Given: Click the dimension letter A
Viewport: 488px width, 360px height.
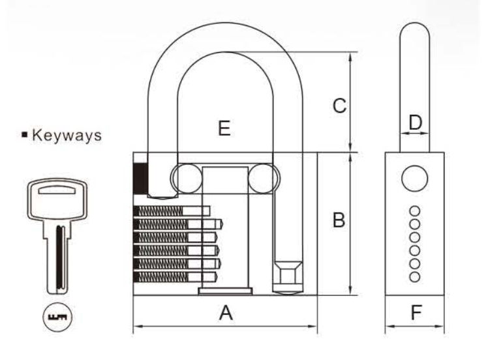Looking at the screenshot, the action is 226,312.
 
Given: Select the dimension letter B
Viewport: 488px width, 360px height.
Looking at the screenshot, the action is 339,220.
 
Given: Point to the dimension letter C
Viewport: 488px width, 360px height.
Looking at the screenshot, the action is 339,106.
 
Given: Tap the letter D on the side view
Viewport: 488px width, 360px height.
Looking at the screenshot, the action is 415,122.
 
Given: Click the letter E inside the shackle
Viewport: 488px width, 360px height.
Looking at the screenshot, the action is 224,128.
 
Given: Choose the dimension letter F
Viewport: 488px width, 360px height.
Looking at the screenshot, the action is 416,312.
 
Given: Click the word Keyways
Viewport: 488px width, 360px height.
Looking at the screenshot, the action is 67,136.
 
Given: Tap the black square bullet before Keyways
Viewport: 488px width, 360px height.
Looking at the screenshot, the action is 25,135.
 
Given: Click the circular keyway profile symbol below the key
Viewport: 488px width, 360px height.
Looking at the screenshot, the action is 57,317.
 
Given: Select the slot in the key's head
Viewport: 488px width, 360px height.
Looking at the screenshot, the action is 57,190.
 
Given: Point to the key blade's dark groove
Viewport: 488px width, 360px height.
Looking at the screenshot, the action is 60,258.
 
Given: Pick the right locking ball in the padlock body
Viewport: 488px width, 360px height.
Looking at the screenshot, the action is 263,179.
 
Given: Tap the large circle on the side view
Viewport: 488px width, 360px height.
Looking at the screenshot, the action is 414,178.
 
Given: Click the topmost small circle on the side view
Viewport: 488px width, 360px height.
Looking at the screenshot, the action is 414,211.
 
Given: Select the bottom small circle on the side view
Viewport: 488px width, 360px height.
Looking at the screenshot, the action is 414,277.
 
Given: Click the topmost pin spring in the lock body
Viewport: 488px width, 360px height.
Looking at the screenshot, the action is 159,211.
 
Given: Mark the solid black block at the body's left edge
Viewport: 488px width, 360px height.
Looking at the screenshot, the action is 141,178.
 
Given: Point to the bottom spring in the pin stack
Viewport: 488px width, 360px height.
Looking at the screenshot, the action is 161,277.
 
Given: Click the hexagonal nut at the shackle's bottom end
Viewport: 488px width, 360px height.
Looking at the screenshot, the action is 288,273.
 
